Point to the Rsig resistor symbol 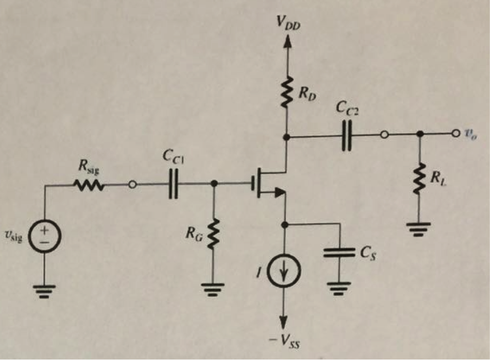(x=89, y=185)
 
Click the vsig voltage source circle (x=44, y=236)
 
